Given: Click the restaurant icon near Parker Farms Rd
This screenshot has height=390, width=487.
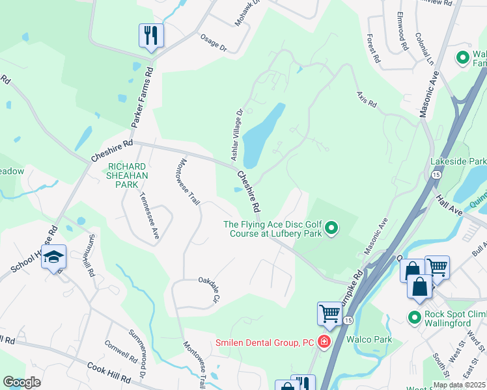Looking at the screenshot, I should tap(151, 35).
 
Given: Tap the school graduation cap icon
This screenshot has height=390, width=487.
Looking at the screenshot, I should tap(54, 257).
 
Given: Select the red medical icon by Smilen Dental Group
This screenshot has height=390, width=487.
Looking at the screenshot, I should tap(324, 342).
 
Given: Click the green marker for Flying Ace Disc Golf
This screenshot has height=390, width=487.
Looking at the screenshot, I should tap(332, 227).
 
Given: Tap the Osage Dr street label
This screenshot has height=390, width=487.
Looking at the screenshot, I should tap(214, 42).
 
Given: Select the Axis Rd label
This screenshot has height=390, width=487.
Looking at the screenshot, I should tap(367, 99).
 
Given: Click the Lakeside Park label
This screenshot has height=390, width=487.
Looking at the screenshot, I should tap(458, 161).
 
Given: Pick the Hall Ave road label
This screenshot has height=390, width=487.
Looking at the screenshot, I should tap(450, 196).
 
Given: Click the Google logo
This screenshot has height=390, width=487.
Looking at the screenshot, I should tap(21, 382).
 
